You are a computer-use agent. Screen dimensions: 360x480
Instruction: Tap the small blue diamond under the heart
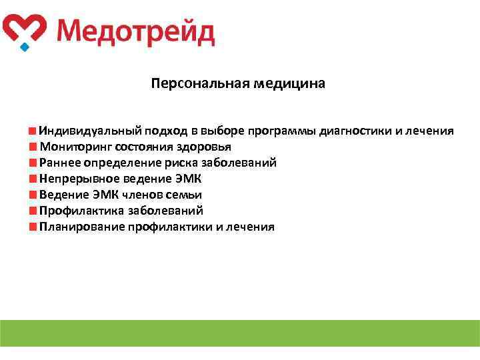[x=25, y=47]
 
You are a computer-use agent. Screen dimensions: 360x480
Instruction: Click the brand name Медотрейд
[x=135, y=31]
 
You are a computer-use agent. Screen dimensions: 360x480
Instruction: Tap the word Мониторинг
[x=75, y=147]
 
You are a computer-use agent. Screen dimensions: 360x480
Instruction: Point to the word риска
[x=175, y=163]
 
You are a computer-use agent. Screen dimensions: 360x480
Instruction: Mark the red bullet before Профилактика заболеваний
[x=33, y=211]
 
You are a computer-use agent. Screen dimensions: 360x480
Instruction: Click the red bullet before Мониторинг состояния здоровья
[x=33, y=147]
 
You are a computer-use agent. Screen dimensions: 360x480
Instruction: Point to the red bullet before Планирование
[x=33, y=227]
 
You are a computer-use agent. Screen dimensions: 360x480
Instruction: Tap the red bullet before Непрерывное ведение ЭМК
[x=33, y=179]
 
